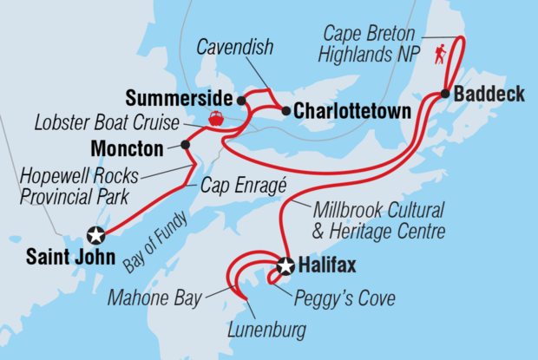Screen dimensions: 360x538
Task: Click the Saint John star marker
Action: (96, 234)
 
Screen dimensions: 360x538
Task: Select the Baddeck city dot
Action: (445, 94)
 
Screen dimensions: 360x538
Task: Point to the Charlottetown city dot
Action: (285, 110)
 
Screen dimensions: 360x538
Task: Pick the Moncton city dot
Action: (185, 145)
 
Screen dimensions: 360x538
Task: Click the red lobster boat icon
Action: (214, 119)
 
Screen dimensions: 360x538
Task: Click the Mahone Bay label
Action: (154, 299)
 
